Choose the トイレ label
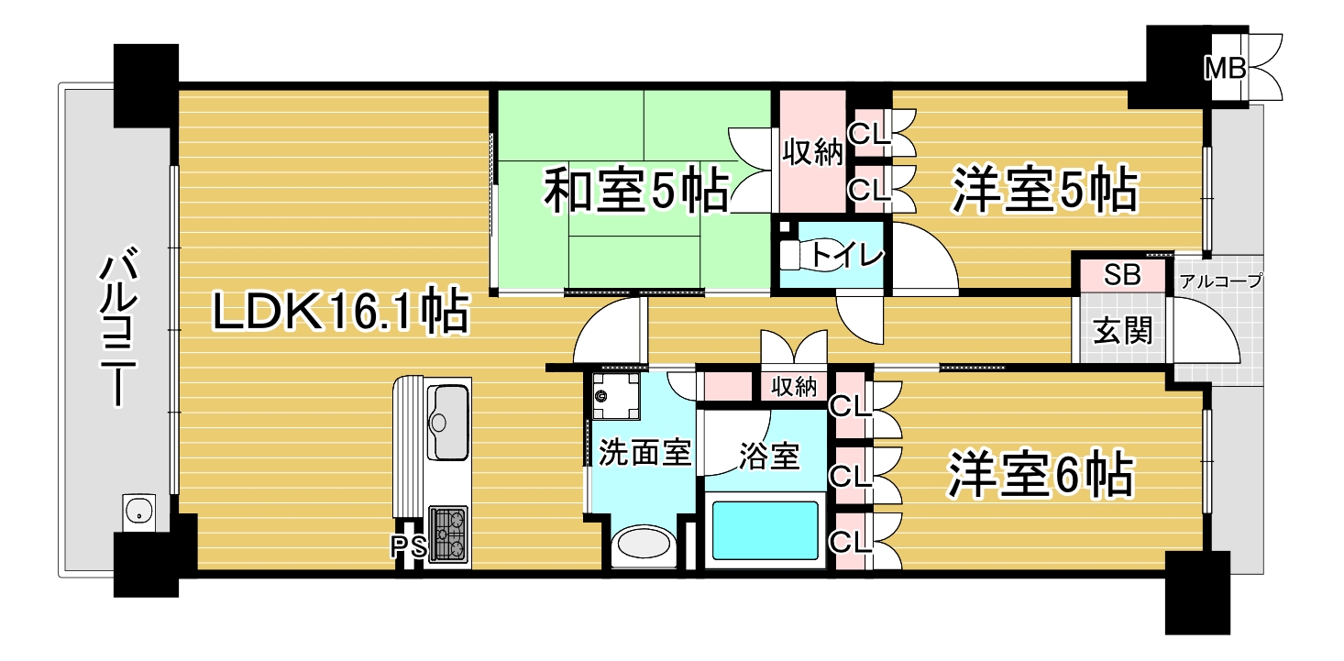coord(845,253)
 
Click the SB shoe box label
coord(1121,275)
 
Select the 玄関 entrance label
coord(1123,330)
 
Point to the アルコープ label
coord(1219,281)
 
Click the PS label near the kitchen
coord(409,547)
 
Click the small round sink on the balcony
coord(138,512)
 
